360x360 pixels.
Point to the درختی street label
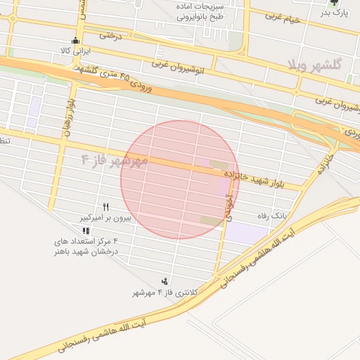pos(110,33)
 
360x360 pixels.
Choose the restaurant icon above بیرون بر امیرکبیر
pos(105,207)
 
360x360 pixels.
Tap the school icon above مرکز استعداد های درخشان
pos(86,230)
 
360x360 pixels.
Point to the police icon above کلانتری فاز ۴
pos(165,281)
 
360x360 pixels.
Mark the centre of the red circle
pos(179,179)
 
